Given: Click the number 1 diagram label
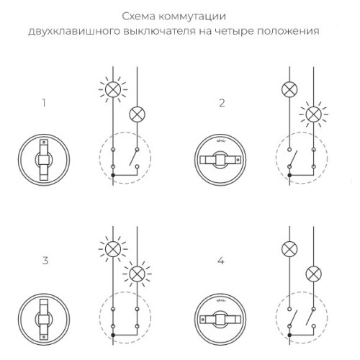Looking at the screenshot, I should click(45, 103).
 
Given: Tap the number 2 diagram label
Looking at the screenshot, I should click(222, 103).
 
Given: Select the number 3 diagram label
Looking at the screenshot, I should click(45, 261).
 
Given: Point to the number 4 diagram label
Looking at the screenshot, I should click(222, 261).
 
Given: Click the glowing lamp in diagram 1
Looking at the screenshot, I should click(112, 90).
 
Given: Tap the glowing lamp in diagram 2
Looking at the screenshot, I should click(313, 114).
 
